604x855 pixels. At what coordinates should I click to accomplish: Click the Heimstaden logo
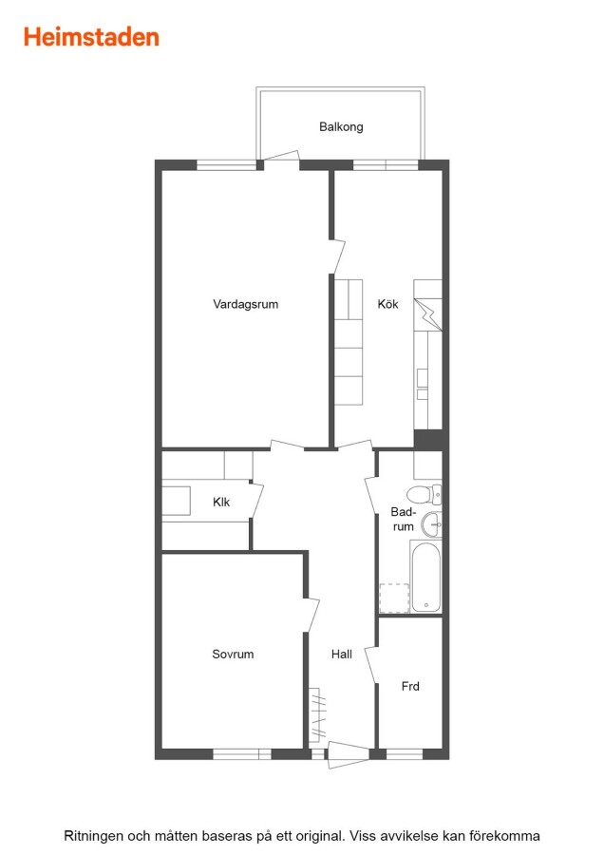tap(91, 37)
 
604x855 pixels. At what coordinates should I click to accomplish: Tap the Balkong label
tap(341, 127)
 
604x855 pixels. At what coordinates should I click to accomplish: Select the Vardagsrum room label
tap(245, 304)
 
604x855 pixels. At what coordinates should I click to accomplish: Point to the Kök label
tap(387, 304)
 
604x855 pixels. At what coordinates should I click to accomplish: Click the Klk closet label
tap(221, 502)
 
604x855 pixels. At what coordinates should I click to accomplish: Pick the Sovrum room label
tap(233, 654)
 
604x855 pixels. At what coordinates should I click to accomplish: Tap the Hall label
tap(342, 654)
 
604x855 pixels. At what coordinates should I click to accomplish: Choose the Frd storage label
tap(410, 686)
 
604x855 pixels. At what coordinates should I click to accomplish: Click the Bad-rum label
tap(404, 519)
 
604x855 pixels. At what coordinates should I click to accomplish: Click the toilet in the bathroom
tap(425, 495)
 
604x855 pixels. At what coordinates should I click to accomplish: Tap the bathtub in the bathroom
tap(425, 577)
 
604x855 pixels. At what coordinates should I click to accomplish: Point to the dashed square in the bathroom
tap(394, 598)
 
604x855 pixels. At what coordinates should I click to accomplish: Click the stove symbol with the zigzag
tap(428, 314)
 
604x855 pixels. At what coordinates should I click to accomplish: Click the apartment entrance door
tap(349, 754)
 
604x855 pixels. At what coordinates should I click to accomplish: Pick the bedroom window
tap(242, 754)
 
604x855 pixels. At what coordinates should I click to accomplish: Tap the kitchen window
tap(386, 164)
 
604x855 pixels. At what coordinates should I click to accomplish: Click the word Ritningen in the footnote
tap(94, 836)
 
